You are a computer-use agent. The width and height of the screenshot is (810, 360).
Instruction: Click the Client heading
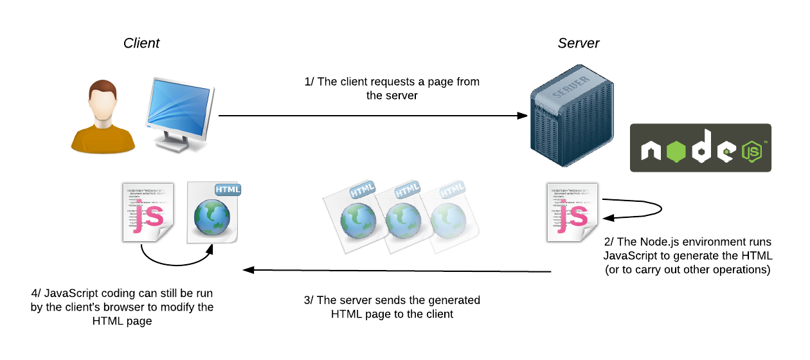click(141, 44)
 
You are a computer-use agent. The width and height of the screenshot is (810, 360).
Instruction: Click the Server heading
click(578, 44)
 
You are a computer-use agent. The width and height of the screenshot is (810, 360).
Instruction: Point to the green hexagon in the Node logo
click(677, 152)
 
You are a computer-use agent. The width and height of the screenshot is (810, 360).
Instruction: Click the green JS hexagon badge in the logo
click(751, 152)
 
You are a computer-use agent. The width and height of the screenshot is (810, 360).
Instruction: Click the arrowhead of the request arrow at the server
click(523, 116)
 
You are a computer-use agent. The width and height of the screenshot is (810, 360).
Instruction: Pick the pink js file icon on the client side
click(147, 213)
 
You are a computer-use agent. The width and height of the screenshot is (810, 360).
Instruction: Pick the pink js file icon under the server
click(571, 213)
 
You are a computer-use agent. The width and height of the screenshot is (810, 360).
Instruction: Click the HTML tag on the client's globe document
click(228, 190)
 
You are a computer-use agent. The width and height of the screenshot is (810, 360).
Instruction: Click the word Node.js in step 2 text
click(661, 242)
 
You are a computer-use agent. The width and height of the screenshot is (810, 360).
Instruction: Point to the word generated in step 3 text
click(454, 300)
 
